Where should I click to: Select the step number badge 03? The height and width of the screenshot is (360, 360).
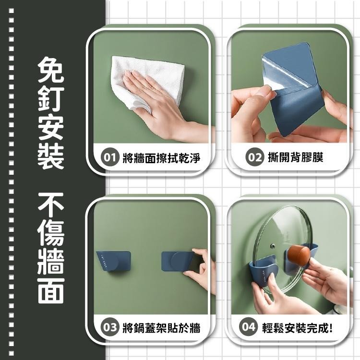(110, 328)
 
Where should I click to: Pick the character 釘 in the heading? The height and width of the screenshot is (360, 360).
(50, 98)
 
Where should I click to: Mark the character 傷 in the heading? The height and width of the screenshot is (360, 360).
(50, 234)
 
